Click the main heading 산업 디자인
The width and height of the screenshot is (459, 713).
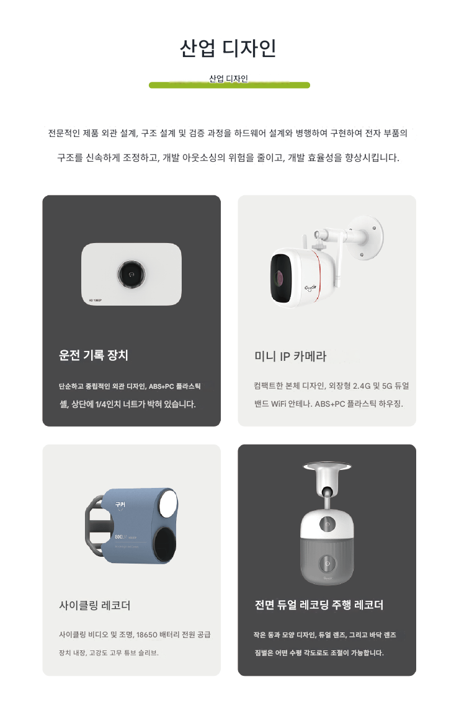[228, 48]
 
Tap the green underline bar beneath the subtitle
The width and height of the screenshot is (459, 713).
[229, 85]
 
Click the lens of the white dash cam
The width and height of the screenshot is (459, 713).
[131, 274]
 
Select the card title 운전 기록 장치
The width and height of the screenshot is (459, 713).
[93, 355]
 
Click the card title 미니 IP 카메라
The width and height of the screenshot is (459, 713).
[290, 356]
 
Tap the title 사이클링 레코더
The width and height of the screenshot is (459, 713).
[95, 605]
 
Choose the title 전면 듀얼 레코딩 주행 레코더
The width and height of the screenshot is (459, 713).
[319, 604]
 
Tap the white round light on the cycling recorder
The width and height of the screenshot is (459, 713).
[168, 502]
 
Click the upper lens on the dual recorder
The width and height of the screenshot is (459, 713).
[327, 525]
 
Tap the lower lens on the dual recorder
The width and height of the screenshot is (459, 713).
[327, 564]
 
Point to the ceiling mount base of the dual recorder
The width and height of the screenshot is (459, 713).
[327, 467]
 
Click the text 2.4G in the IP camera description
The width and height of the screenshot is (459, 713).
[362, 386]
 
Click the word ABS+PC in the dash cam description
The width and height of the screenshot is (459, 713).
[161, 386]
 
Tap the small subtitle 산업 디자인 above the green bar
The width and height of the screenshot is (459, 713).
[228, 79]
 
